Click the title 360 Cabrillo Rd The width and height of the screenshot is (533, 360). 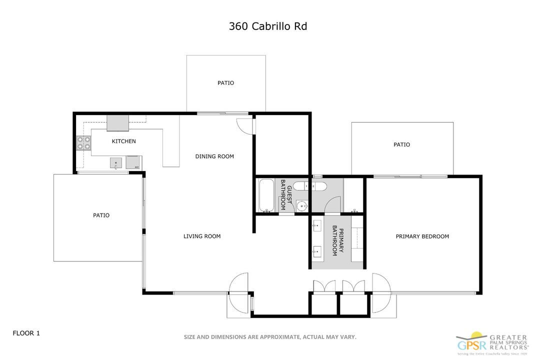click(x=267, y=26)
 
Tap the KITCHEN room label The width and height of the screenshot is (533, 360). click(x=123, y=141)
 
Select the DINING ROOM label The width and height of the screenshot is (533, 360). click(x=214, y=156)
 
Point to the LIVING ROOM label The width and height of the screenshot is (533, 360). click(x=202, y=236)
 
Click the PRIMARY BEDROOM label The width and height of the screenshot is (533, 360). click(x=422, y=236)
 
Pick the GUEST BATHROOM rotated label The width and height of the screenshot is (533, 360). click(x=285, y=194)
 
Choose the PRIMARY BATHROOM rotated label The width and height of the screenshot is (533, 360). click(x=338, y=241)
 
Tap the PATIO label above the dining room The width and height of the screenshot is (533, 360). click(x=225, y=83)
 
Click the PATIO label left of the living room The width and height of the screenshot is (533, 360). click(x=101, y=215)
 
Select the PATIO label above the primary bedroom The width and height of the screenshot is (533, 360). click(x=401, y=144)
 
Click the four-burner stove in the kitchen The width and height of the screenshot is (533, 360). click(x=83, y=143)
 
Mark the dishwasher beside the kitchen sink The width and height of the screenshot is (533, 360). click(x=133, y=162)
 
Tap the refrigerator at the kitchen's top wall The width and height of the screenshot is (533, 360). click(x=117, y=123)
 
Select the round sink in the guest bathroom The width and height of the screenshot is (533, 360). click(x=301, y=205)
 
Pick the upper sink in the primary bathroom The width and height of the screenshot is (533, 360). click(x=317, y=226)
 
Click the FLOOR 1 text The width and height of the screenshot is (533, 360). click(x=26, y=332)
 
